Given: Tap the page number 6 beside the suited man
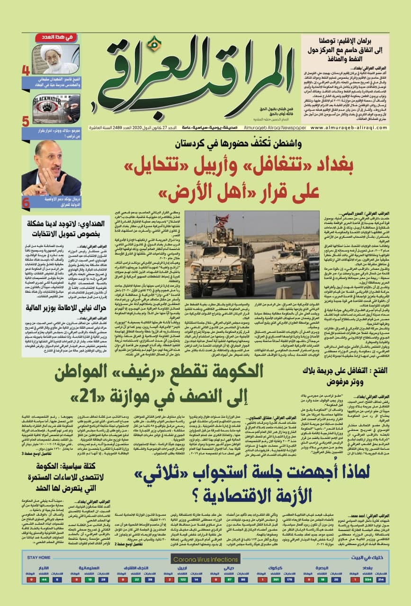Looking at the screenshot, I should tap(26, 202).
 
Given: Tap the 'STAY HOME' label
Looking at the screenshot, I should tap(39, 558).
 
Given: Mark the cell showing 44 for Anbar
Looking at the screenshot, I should tap(44, 579).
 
